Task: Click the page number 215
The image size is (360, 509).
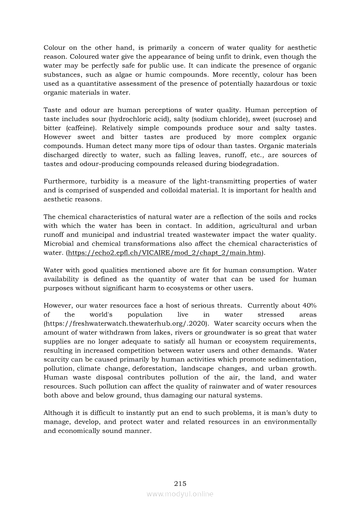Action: pyautogui.click(x=180, y=483)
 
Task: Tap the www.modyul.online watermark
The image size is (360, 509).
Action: pyautogui.click(x=180, y=494)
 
